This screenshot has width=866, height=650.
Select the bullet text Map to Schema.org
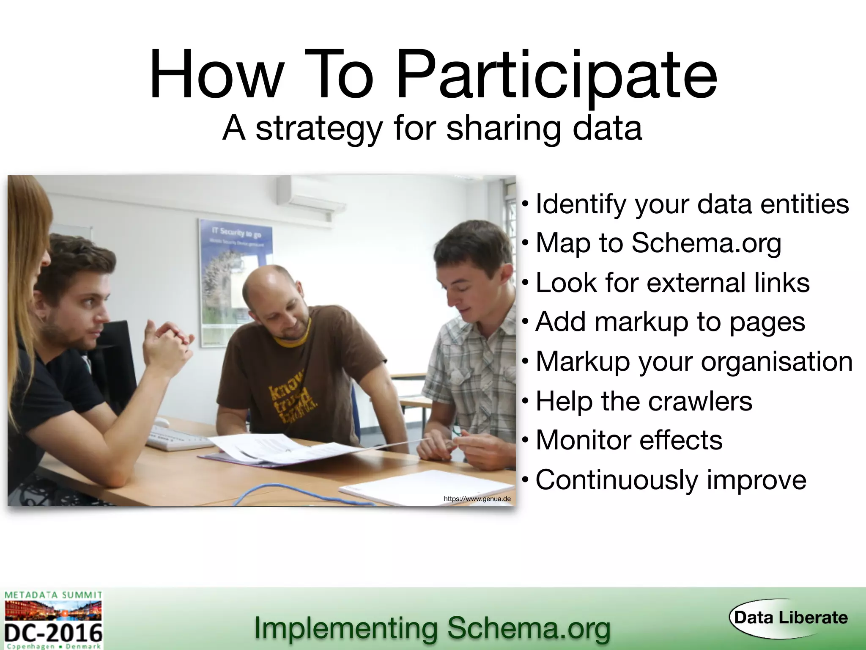point(658,243)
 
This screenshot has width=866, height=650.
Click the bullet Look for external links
point(672,283)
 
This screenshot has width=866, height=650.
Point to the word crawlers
point(700,401)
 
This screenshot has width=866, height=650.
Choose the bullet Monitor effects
point(629,440)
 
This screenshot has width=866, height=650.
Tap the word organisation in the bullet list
point(776,362)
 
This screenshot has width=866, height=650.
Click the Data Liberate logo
point(789,618)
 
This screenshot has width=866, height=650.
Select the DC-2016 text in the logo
point(54,632)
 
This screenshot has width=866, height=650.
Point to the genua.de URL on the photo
point(477,499)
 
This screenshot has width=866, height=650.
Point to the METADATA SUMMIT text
point(53,595)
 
